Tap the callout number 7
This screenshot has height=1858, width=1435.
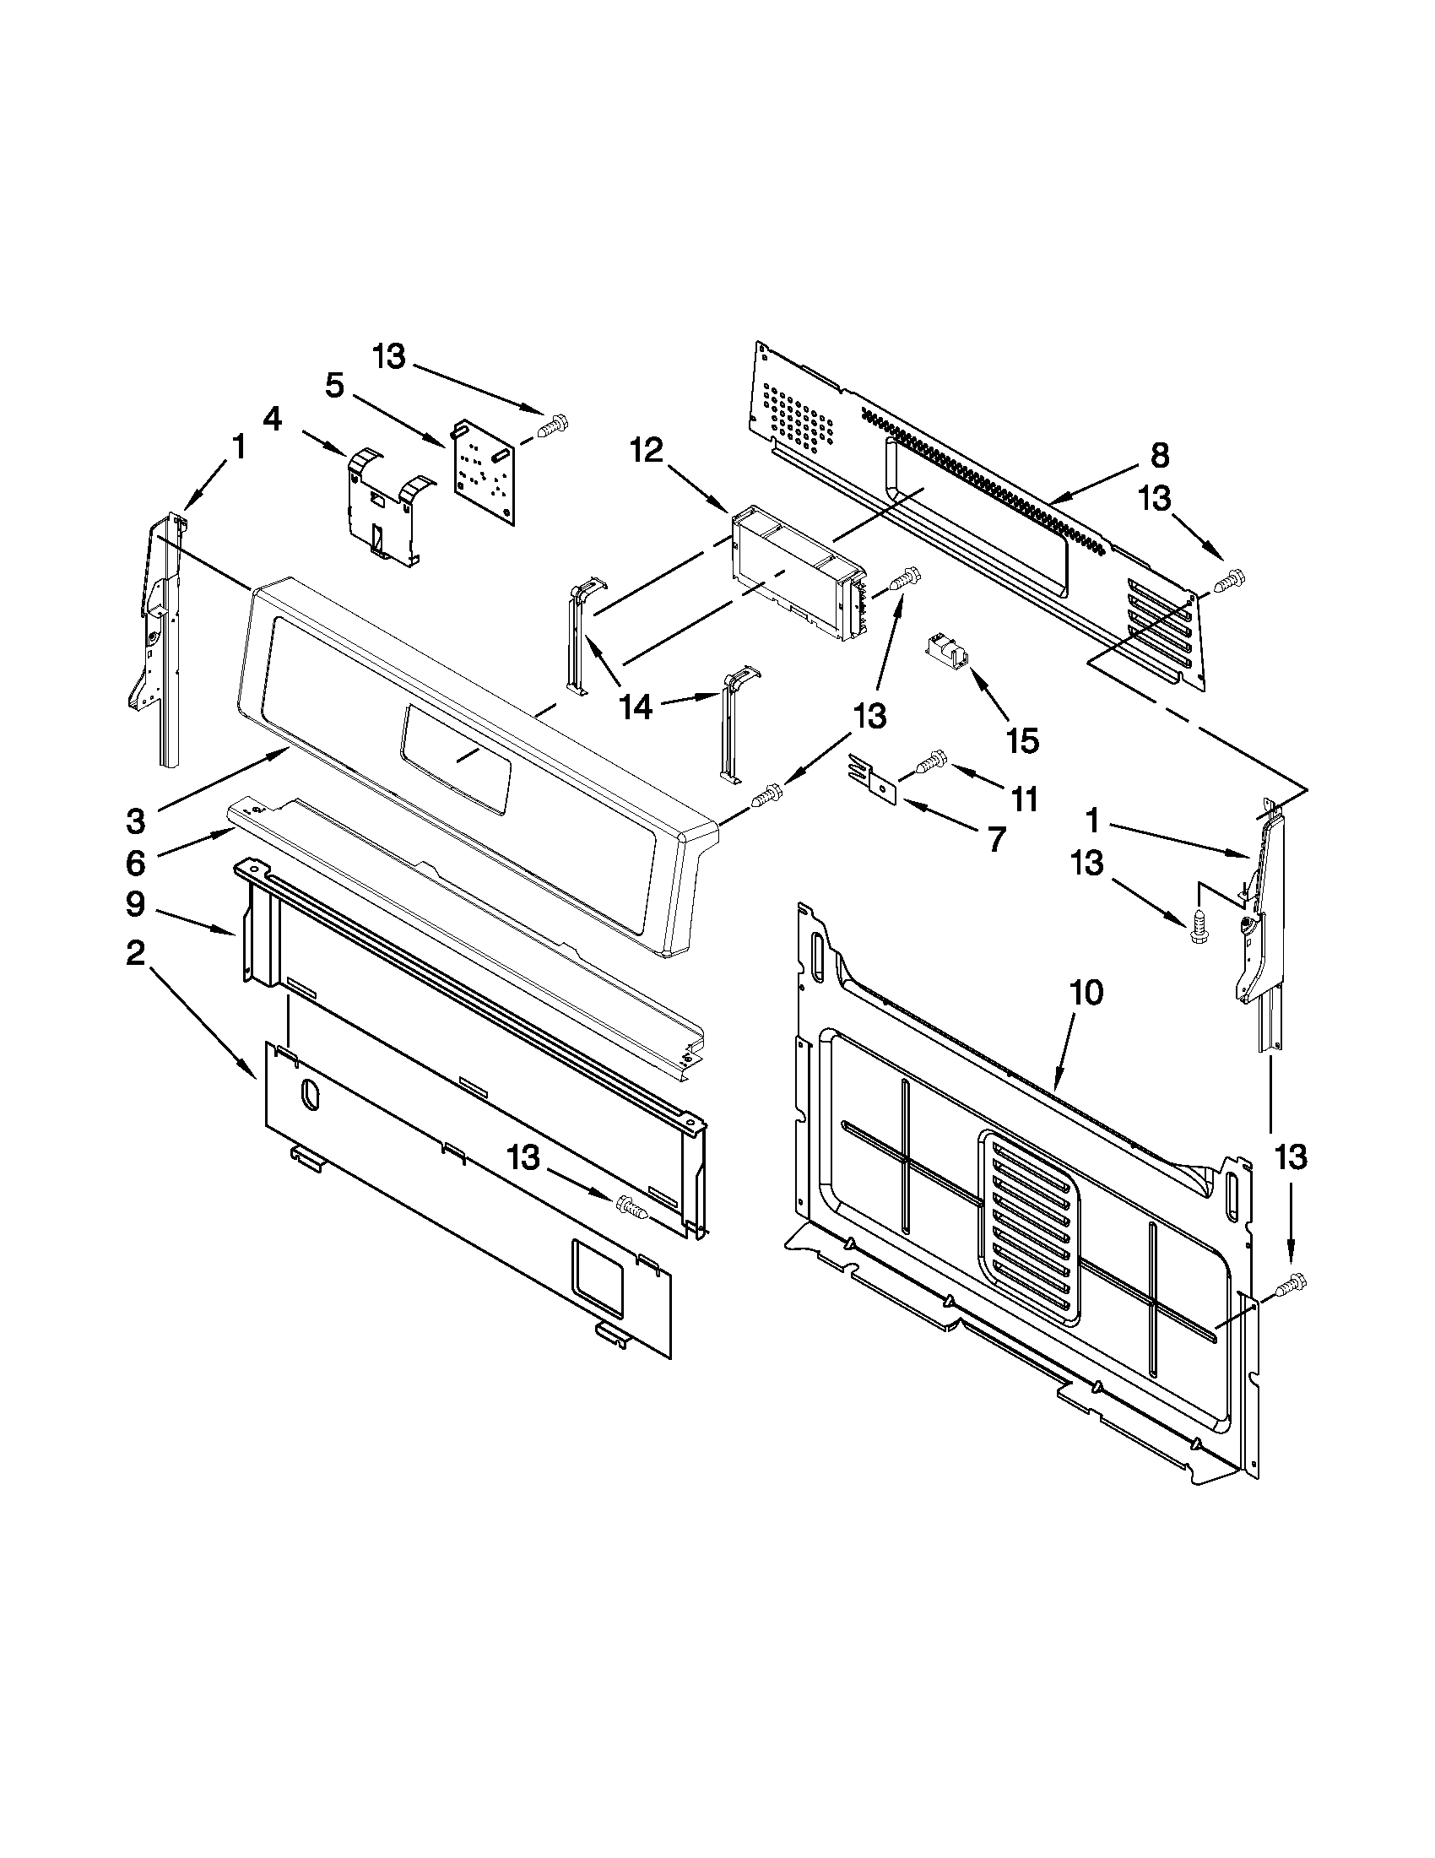[995, 840]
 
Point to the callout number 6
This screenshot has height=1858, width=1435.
[135, 864]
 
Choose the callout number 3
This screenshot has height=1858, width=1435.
[135, 821]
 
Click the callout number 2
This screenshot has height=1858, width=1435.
[135, 954]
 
